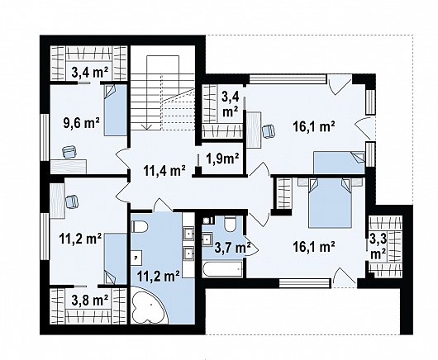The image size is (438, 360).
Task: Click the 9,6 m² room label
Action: click(x=82, y=125)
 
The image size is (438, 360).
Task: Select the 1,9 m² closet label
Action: click(x=222, y=158)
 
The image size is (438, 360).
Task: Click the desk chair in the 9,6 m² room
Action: click(x=68, y=151)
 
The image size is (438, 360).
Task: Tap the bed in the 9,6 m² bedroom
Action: click(x=116, y=111)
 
